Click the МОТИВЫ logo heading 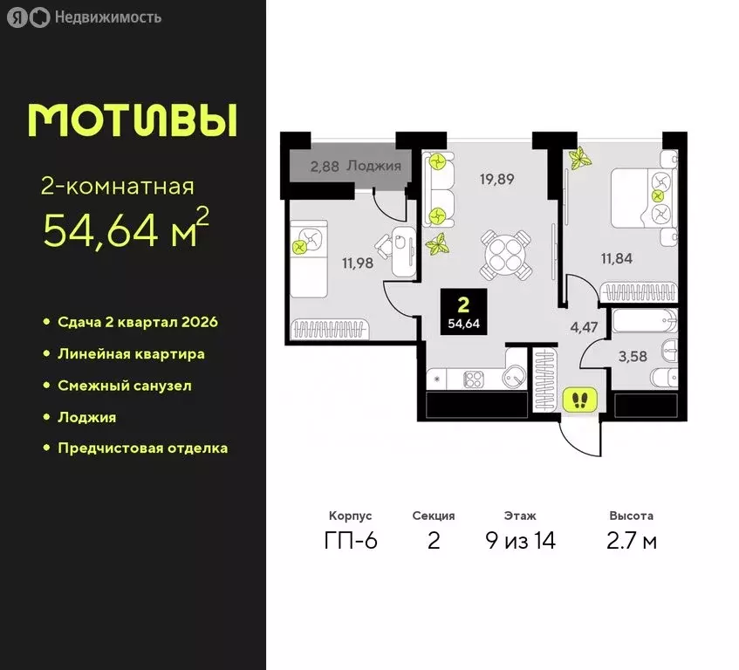point(133,120)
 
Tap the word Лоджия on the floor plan point(373,165)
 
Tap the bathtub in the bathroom point(644,321)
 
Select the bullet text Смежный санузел point(124,386)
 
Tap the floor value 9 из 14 point(520,541)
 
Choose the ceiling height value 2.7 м point(632,541)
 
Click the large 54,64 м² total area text point(127,229)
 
